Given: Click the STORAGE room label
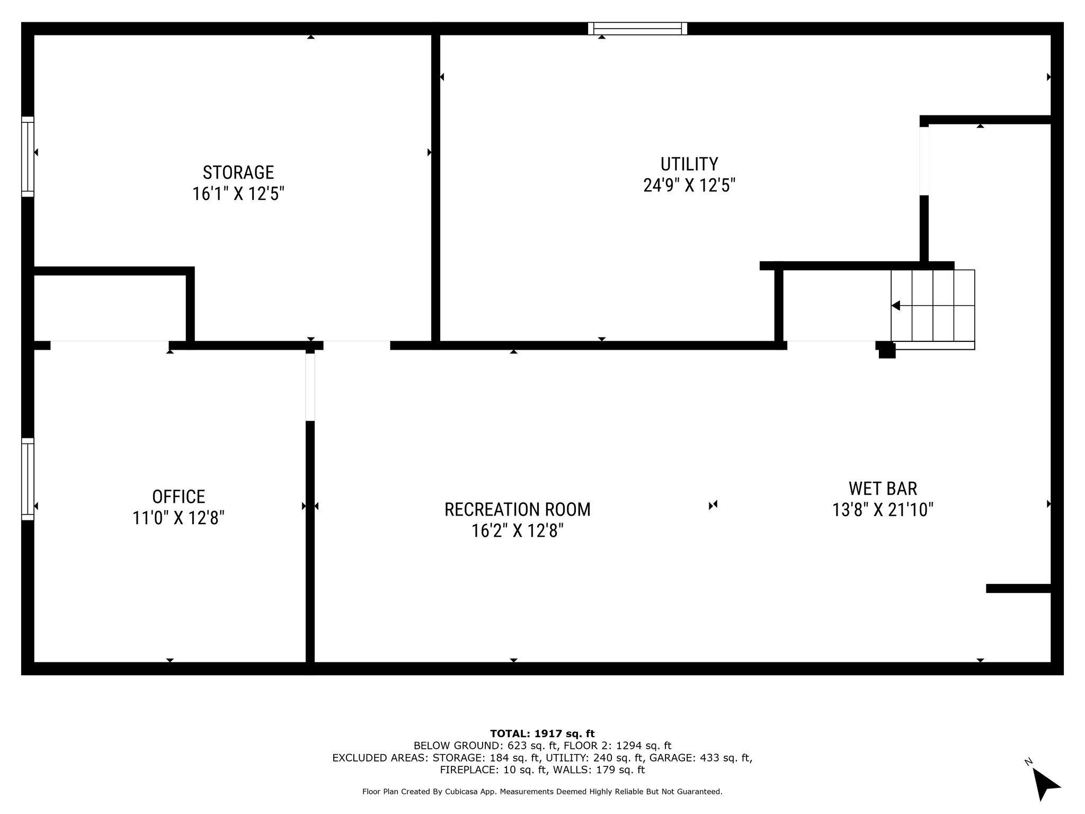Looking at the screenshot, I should click(x=238, y=172).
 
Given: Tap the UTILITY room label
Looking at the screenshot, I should click(x=689, y=163).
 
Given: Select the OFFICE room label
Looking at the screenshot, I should click(x=179, y=497).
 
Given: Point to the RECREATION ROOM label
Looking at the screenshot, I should click(x=517, y=509).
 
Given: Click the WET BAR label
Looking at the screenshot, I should click(x=883, y=488).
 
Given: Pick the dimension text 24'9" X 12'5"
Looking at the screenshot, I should click(x=689, y=185).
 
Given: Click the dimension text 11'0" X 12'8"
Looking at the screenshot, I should click(x=179, y=518).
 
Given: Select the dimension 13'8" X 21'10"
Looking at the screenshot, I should click(x=883, y=510).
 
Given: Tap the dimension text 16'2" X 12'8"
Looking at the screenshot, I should click(x=517, y=530).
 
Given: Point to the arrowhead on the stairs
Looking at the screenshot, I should click(x=896, y=306).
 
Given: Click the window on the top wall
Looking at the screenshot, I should click(x=637, y=29).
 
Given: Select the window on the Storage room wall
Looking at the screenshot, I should click(x=28, y=157).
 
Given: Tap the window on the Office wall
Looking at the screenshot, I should click(x=28, y=479).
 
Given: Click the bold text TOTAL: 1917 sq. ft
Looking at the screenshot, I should click(x=542, y=733).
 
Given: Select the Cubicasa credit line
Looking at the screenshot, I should click(x=542, y=792).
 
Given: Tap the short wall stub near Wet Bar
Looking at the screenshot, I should click(x=1018, y=588).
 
